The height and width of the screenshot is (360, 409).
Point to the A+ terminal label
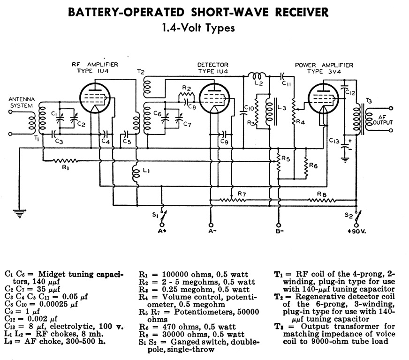pos(162,231)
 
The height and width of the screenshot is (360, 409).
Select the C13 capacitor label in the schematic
pos(333,140)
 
